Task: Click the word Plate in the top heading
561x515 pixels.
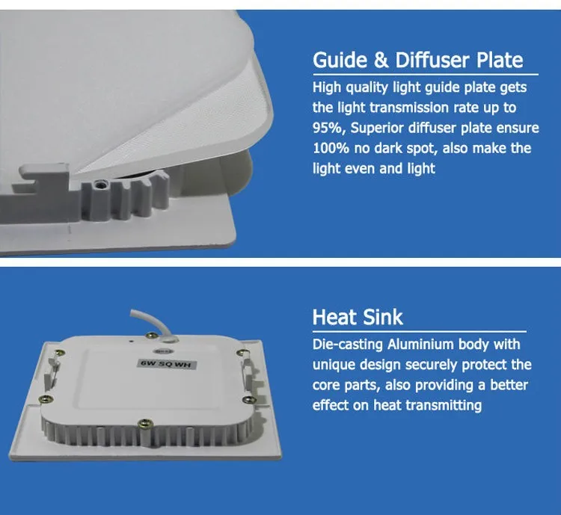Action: (496, 60)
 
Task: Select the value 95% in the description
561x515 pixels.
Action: (325, 129)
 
